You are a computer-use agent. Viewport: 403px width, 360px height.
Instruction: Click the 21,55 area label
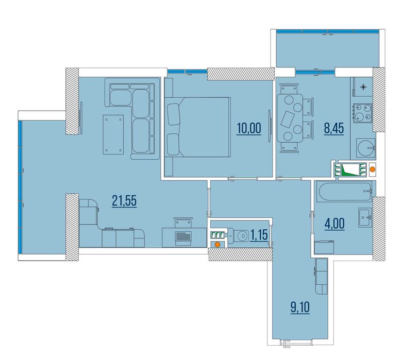point(124,201)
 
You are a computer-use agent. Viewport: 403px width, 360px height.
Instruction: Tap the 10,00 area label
point(249,128)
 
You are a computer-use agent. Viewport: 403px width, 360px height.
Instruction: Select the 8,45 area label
point(334,128)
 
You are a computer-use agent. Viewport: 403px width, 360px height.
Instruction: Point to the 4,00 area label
point(334,224)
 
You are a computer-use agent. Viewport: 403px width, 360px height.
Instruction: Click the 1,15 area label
point(259,235)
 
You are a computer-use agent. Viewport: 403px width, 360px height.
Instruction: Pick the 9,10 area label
point(300,307)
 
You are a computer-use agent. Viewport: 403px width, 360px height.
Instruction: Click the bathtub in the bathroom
point(344,191)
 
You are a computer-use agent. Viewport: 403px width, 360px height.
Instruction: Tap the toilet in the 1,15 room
point(239,235)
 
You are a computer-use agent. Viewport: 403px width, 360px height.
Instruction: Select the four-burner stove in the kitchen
point(362,113)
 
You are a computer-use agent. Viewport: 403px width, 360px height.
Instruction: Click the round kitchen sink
point(365,148)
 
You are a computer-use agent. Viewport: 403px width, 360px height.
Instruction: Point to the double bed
point(197,127)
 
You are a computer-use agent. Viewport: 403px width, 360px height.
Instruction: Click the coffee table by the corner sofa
point(113,134)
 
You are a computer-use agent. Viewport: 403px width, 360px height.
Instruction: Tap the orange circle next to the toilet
point(217,245)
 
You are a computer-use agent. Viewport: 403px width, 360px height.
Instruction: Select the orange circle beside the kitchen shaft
point(372,169)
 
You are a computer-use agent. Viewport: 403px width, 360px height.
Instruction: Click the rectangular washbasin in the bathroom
point(365,217)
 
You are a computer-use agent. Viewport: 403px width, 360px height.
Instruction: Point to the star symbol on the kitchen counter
point(363,88)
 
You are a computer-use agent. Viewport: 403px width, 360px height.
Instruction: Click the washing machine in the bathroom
point(324,247)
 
